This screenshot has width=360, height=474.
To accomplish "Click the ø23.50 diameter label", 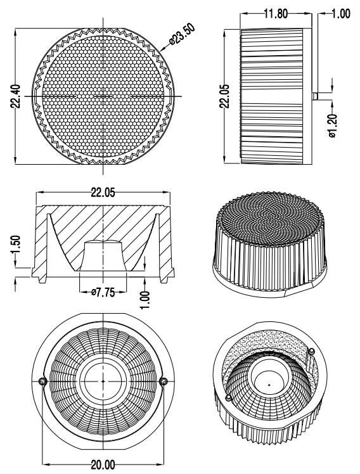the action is [183, 34].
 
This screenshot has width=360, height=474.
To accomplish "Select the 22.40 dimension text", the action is [16, 96].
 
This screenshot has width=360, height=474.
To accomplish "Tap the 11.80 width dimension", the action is [276, 14].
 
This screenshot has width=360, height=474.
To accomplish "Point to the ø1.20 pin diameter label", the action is [333, 125].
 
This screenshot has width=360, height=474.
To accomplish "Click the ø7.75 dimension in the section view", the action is [103, 292].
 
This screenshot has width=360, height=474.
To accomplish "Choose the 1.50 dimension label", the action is [16, 245].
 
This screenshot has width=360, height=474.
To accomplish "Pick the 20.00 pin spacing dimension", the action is [103, 464].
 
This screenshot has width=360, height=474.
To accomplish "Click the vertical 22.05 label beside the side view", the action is [225, 96].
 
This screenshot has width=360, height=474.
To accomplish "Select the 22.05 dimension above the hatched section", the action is [103, 193].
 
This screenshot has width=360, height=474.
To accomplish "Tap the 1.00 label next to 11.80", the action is [341, 14].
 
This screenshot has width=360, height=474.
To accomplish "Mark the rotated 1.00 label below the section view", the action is [145, 300].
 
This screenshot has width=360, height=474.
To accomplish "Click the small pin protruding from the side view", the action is [314, 96].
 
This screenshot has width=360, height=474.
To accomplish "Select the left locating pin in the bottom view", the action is [42, 381].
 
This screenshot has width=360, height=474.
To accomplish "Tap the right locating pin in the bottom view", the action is [164, 381].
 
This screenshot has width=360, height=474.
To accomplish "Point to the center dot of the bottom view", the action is [103, 381].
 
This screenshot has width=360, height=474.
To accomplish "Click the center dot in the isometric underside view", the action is [269, 385].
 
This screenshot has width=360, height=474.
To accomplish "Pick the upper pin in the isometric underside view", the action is [312, 351].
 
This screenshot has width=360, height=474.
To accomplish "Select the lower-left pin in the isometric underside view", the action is [229, 397].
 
